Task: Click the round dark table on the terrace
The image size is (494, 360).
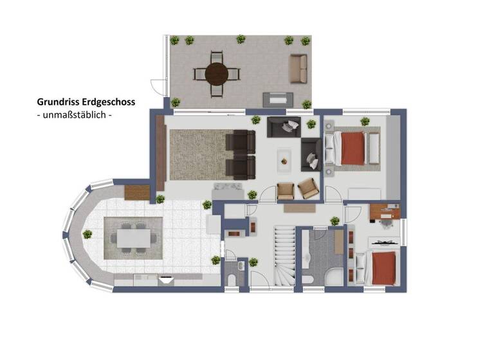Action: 217,73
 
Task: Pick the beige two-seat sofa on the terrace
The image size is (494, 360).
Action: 298,69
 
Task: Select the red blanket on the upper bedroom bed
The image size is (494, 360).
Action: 353,148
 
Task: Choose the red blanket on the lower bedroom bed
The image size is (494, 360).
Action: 384,269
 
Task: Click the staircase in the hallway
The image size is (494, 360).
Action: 284,256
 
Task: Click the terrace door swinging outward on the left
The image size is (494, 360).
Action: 156,86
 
